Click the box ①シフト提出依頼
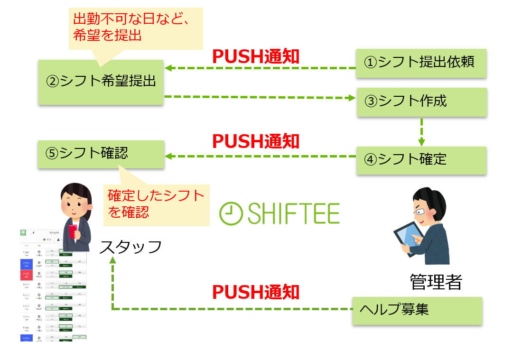coord(421,63)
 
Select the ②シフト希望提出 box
coord(101,82)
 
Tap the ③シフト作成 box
coord(421,102)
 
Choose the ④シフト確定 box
coord(421,160)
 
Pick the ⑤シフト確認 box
coord(101,154)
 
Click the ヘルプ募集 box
coord(417,311)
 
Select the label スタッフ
coord(130,247)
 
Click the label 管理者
coord(436,282)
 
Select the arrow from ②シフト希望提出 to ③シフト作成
coord(260,98)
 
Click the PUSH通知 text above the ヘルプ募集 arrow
coord(255,292)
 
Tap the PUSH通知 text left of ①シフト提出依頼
coord(255,56)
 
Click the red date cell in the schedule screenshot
coord(27,275)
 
